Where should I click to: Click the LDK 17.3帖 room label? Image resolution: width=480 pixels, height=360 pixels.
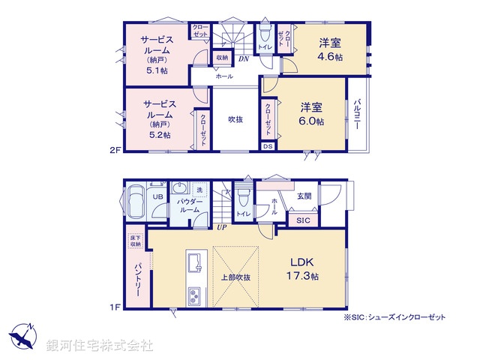(304, 268)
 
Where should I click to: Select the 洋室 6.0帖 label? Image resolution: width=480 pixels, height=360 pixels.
(309, 114)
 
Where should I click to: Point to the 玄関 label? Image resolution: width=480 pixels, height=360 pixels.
(304, 196)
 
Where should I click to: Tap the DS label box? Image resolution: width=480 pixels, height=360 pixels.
(268, 146)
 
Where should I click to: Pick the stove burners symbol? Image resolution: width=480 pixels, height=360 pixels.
(193, 295)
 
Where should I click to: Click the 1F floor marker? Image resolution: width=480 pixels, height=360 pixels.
(115, 305)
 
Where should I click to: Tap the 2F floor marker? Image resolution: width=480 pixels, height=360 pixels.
(115, 150)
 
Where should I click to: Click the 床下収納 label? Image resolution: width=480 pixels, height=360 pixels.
(134, 240)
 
